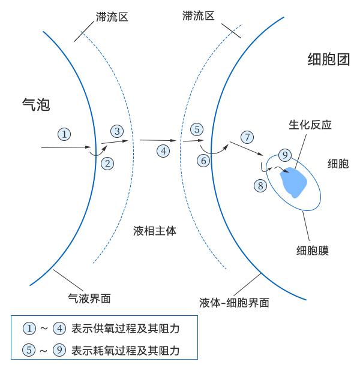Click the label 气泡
36,104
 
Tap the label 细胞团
329,59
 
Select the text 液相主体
155,231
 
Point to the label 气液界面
89,298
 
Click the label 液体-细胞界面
234,303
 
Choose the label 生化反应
310,125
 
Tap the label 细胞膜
313,251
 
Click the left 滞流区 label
112,17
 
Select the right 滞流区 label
198,16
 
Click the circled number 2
107,164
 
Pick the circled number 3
117,131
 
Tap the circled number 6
203,161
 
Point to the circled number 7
247,137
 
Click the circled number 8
260,186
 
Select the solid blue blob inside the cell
293,182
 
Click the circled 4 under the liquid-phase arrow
163,151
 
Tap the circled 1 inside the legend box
29,328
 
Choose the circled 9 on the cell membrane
285,155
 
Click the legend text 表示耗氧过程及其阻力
125,351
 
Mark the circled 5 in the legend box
29,350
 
